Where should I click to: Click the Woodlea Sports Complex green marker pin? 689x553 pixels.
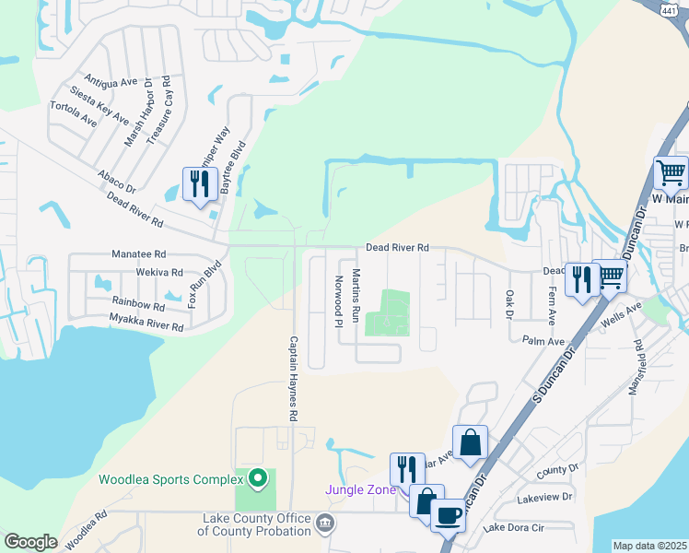pos(258,479)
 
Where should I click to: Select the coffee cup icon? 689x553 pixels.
pos(448,515)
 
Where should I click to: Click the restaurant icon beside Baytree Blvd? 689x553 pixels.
pos(200,182)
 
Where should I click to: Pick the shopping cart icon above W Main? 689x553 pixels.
pos(671,171)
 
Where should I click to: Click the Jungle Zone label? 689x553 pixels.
pos(359,489)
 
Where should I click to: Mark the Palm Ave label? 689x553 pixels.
pos(543,341)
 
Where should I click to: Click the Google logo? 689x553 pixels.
pos(30,542)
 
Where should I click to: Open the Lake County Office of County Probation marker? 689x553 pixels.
pos(324,524)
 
